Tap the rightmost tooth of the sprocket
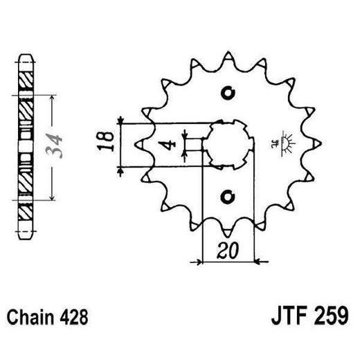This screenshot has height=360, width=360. tap(318, 143)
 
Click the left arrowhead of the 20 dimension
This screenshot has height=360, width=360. tap(203, 262)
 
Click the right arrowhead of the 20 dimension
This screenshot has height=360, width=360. tap(254, 262)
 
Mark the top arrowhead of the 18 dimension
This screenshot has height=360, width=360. tap(123, 122)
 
